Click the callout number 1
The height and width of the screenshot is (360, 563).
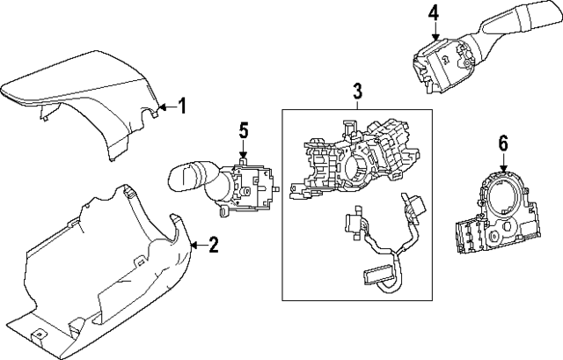[182, 107]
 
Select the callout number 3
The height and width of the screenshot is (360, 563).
[358, 91]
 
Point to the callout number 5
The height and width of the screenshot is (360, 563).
[244, 131]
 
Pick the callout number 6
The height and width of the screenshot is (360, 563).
[503, 141]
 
